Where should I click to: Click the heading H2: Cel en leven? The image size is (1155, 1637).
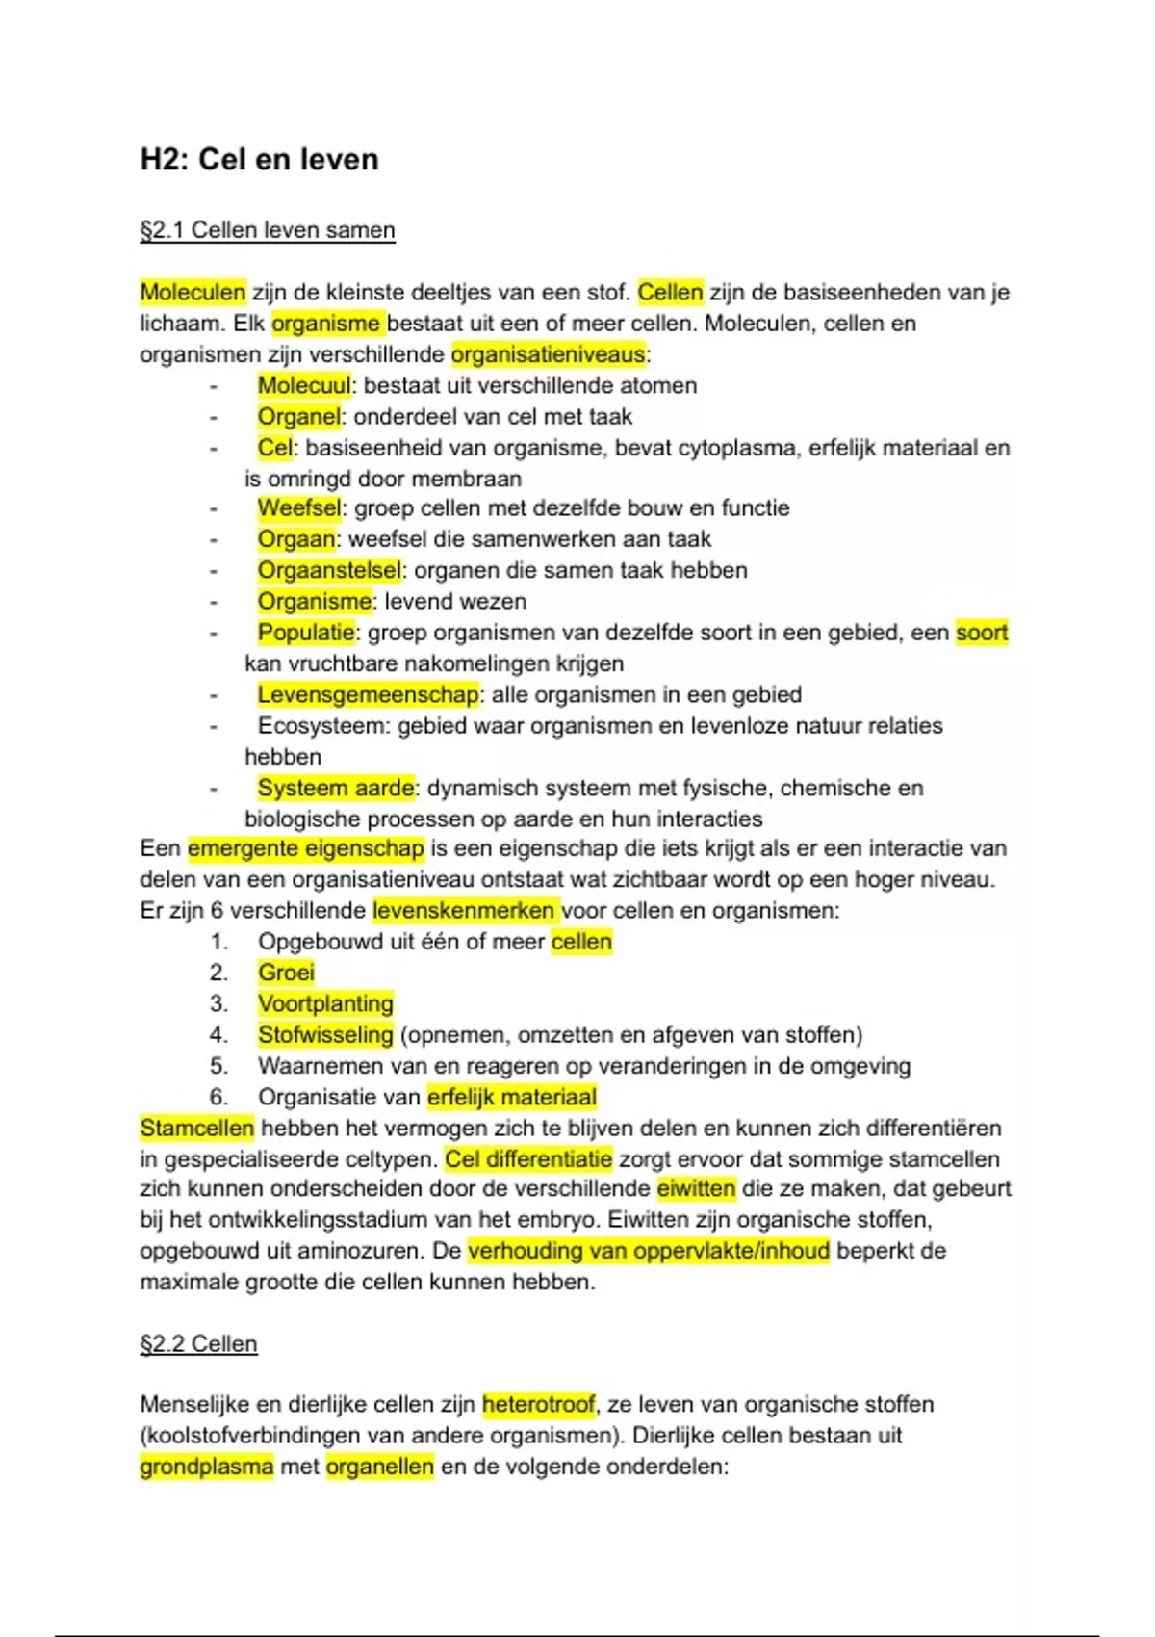click(259, 159)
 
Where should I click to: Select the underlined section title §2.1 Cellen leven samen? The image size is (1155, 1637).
click(268, 231)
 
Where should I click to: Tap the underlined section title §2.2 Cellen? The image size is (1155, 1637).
click(198, 1344)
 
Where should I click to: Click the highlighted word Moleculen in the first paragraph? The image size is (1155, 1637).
click(192, 292)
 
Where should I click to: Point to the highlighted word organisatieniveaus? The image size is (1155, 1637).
click(548, 354)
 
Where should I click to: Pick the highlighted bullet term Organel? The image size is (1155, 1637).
click(298, 417)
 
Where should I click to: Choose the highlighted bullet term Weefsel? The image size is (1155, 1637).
click(298, 508)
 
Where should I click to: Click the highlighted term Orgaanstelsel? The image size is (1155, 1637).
click(328, 571)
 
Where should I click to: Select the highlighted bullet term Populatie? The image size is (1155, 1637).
click(306, 633)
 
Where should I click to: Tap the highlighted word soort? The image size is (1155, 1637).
click(981, 633)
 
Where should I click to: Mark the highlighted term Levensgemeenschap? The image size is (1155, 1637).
click(368, 695)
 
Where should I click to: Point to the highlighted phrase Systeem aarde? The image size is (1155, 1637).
click(336, 789)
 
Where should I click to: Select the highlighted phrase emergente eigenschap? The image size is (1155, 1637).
click(306, 849)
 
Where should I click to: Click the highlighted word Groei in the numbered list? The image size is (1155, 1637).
click(286, 973)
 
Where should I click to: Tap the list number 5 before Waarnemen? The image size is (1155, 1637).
click(218, 1066)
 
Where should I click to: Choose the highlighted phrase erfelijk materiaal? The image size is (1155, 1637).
click(512, 1097)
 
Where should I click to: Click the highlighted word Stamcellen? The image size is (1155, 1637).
click(196, 1129)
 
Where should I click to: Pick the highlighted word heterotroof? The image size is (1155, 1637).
click(539, 1405)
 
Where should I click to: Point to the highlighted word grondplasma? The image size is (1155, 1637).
click(206, 1468)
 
